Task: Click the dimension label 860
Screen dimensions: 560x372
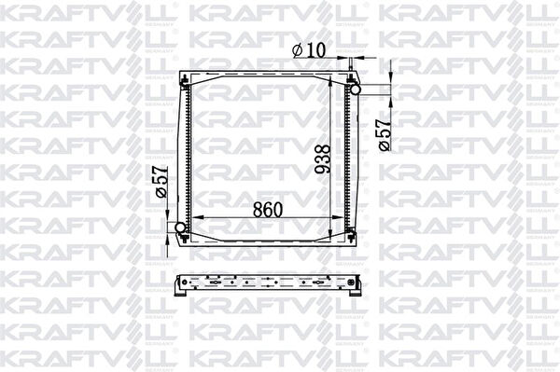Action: point(268,210)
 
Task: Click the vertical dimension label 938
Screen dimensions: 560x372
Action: point(323,159)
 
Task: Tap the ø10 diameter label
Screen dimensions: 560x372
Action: point(309,50)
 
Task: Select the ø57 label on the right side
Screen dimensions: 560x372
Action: point(385,135)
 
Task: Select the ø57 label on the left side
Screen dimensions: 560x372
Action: point(161,182)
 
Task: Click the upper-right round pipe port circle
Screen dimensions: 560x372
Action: point(355,89)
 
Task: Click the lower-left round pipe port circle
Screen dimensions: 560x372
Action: point(180,227)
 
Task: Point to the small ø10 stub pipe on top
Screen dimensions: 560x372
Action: point(352,63)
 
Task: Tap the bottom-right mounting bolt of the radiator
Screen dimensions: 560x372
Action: point(351,235)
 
